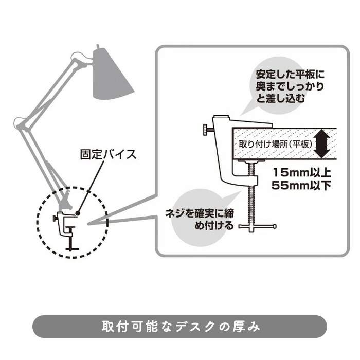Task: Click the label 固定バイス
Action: (109, 153)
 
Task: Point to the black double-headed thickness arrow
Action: (322, 143)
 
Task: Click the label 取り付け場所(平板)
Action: (275, 144)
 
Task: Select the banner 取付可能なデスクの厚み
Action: (180, 326)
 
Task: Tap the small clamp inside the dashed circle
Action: (67, 228)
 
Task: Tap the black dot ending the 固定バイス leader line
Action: (78, 211)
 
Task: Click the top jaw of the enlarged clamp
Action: (242, 121)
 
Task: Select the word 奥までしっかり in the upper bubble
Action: (291, 87)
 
